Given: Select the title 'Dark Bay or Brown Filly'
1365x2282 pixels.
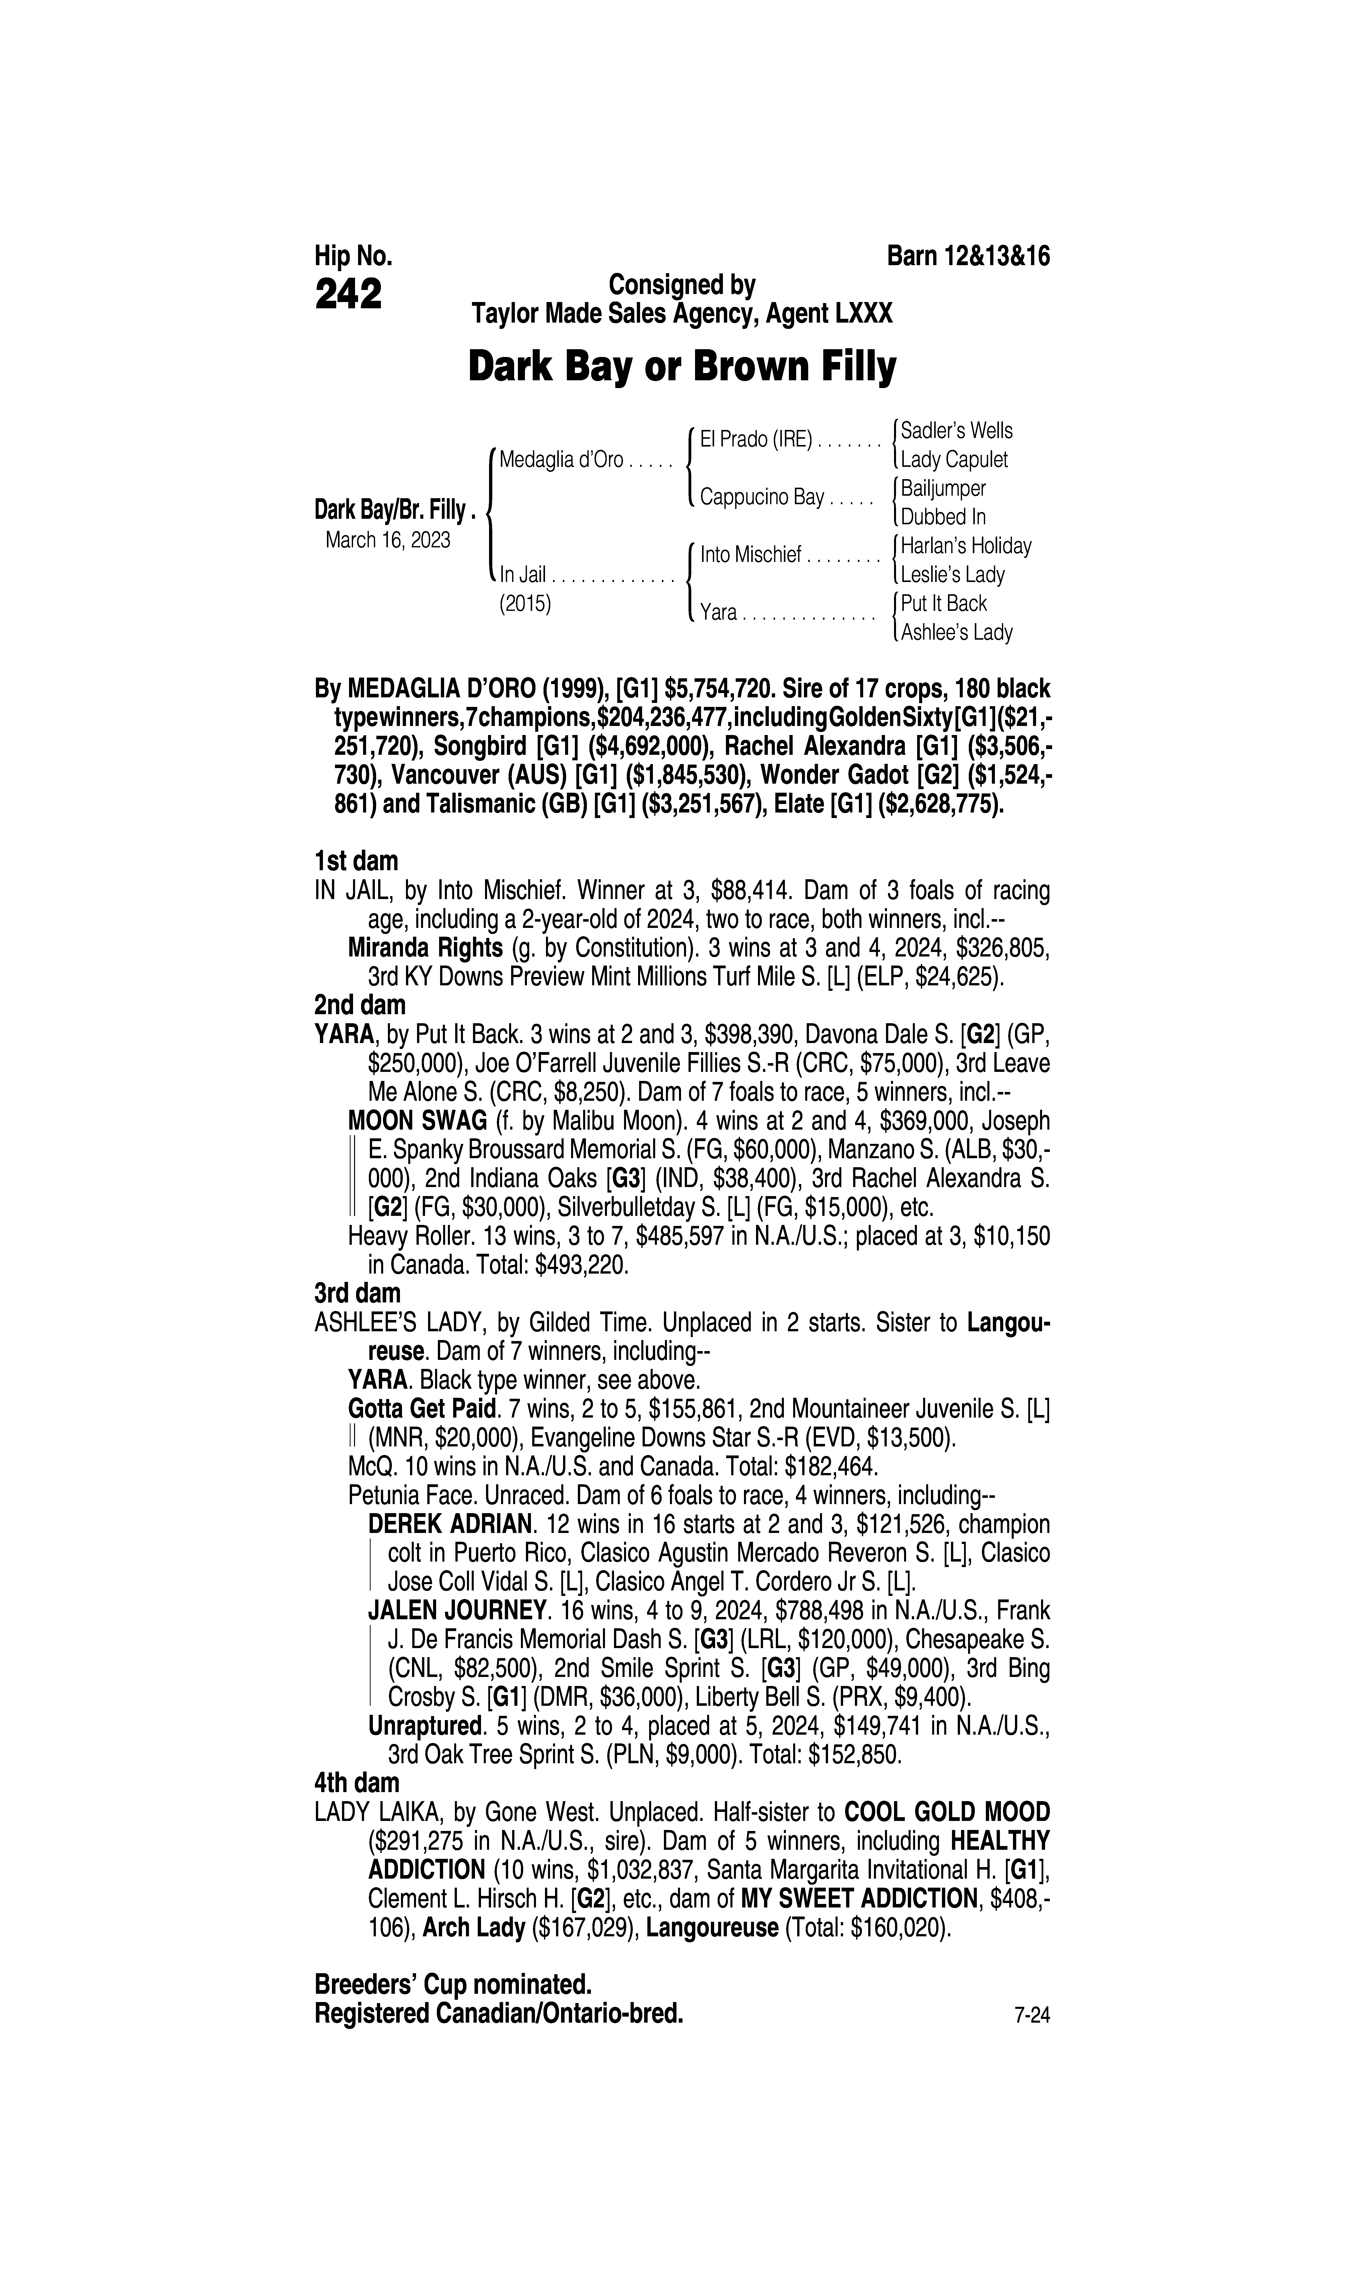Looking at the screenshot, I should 681,368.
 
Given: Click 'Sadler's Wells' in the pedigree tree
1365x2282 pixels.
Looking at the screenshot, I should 957,430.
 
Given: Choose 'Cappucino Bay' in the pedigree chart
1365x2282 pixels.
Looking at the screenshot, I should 762,497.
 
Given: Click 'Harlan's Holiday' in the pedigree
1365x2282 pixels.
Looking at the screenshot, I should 966,546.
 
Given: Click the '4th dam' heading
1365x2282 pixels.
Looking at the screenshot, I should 357,1783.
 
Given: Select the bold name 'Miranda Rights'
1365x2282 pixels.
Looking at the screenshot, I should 425,948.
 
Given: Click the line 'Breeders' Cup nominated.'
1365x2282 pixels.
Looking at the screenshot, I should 453,1981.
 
